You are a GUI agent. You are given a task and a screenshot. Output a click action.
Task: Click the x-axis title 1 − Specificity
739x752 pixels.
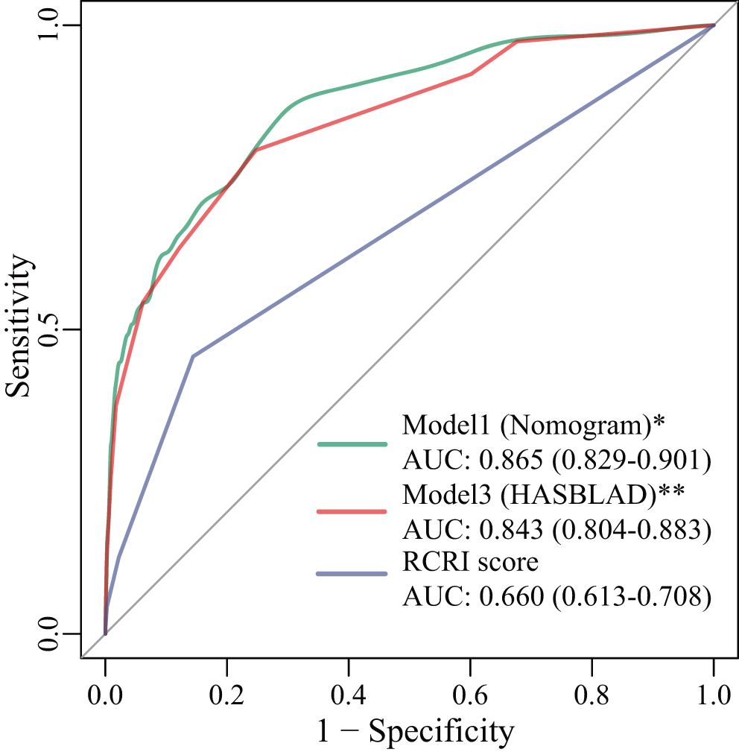[x=416, y=731]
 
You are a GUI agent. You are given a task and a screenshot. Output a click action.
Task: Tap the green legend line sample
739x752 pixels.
[x=352, y=444]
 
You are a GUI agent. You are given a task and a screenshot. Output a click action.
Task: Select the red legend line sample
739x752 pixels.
[x=352, y=512]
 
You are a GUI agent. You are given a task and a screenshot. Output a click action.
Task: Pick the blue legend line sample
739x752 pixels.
[x=352, y=573]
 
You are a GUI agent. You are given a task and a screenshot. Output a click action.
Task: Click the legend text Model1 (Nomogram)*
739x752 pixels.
[x=533, y=426]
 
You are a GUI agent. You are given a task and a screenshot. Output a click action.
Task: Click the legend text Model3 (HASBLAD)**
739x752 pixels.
[x=543, y=494]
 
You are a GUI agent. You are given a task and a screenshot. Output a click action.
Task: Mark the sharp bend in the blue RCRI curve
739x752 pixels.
[x=193, y=356]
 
